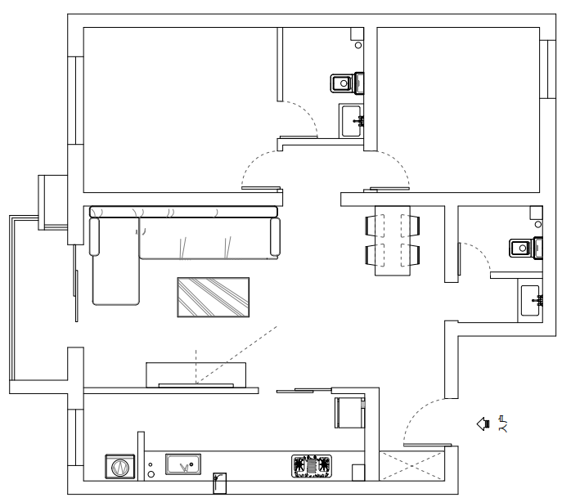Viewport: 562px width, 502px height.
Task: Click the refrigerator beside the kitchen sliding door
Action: (348, 412)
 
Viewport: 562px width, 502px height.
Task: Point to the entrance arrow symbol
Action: (483, 424)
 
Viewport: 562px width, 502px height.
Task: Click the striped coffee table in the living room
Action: (213, 297)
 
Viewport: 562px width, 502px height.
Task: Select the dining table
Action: (393, 240)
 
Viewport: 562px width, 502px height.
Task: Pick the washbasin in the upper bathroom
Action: (353, 121)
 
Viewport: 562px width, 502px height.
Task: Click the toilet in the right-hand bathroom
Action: (524, 247)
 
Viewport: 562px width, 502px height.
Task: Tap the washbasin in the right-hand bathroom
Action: (530, 301)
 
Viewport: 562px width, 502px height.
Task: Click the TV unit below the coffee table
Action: (196, 375)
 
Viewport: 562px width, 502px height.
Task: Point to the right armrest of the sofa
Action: (274, 235)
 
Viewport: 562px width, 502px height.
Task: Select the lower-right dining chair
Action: (414, 254)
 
